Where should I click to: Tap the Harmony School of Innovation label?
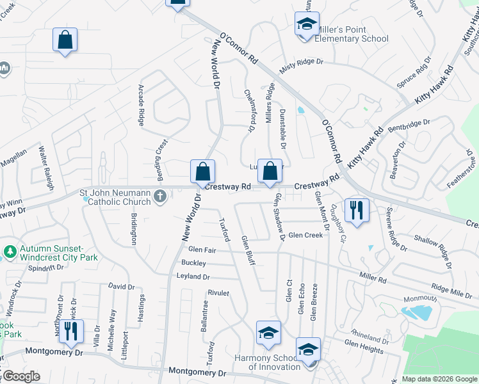[266, 362]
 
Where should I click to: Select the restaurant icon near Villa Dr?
[71, 331]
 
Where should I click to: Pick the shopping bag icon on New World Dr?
[202, 172]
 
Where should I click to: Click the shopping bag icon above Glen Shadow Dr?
[270, 171]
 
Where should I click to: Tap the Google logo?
[21, 376]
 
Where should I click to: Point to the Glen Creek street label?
[305, 236]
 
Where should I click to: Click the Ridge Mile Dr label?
[452, 291]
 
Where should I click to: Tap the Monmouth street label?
[420, 299]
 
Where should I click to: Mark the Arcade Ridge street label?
[142, 104]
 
